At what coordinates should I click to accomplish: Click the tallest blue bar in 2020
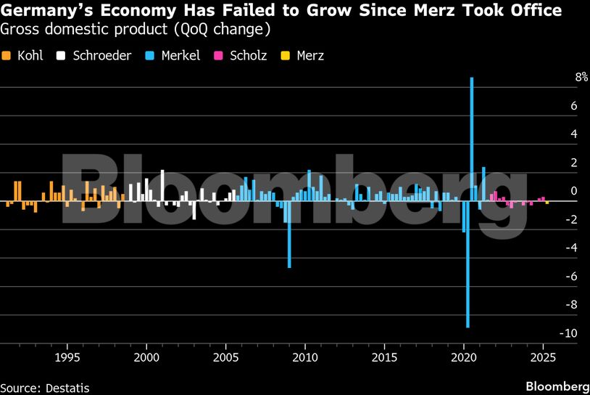click(472, 138)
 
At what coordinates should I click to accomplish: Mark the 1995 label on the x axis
click(67, 357)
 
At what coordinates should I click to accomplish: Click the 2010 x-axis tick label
click(305, 357)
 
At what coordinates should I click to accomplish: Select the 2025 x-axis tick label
click(543, 357)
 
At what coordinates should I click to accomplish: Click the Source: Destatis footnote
click(45, 387)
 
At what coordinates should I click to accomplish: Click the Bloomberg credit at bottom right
click(557, 386)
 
